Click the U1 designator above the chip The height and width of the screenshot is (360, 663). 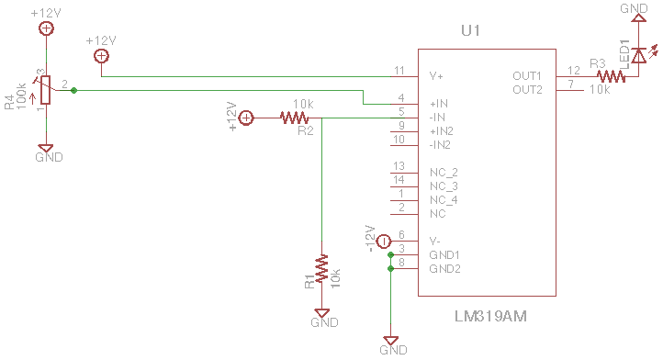[x=470, y=30]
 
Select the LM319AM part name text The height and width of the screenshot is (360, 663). [x=490, y=317]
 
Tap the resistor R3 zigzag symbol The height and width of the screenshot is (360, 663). [x=611, y=76]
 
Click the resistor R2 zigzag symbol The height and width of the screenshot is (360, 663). [x=294, y=118]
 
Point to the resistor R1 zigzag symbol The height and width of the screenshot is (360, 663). [x=321, y=268]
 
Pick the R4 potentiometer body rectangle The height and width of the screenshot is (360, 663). [x=46, y=90]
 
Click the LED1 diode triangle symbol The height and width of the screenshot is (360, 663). [x=638, y=55]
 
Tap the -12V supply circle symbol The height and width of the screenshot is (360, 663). [x=384, y=242]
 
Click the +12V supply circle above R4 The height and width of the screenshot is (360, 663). [x=46, y=28]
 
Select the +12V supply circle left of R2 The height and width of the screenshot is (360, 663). [x=246, y=118]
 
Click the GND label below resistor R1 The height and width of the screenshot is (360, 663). [x=324, y=322]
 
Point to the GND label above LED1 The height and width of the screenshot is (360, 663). [x=634, y=8]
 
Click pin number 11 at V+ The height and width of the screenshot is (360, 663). [x=399, y=71]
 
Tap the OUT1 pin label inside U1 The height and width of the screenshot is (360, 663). [x=527, y=76]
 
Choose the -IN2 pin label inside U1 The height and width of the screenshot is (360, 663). [x=440, y=145]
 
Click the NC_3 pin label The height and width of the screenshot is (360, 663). [x=444, y=186]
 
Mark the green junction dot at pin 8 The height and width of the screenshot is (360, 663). [x=390, y=269]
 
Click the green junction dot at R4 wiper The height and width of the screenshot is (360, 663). [x=74, y=90]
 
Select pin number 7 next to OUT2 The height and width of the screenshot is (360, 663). [x=571, y=84]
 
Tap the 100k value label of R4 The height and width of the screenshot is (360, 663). [x=21, y=96]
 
